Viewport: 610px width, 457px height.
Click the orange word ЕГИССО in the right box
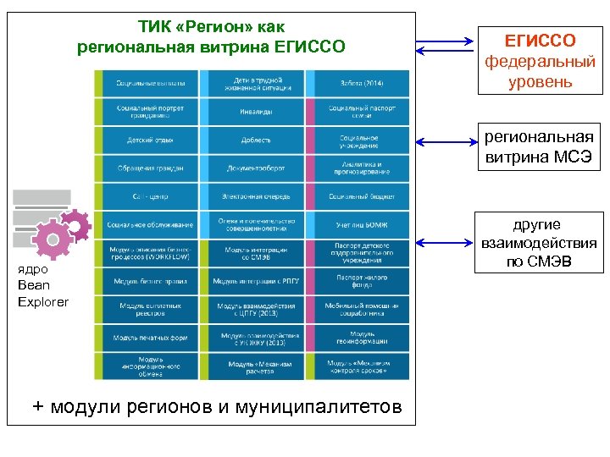click(540, 40)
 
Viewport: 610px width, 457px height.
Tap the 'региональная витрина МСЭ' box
click(540, 146)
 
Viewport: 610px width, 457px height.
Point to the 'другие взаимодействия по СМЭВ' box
click(540, 243)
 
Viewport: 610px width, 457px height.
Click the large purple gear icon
click(53, 240)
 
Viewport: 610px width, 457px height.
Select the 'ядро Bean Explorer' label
click(42, 286)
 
